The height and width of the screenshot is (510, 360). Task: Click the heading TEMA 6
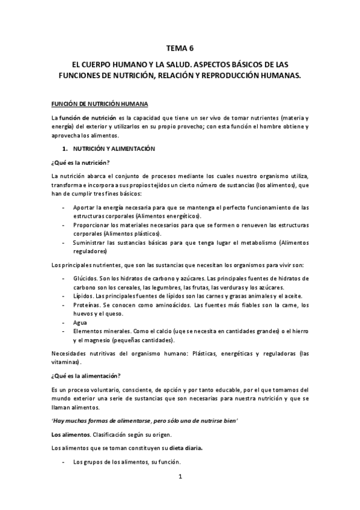click(180, 48)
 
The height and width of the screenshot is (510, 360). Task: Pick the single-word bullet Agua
click(79, 322)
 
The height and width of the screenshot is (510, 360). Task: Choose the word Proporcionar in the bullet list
click(92, 224)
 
